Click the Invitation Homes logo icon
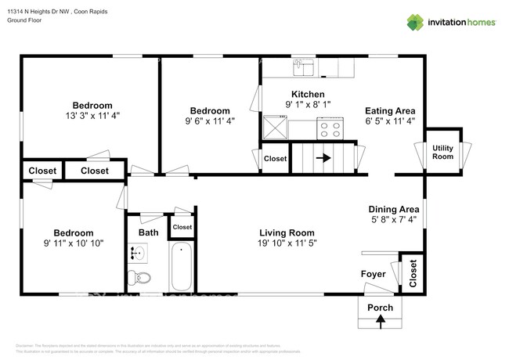[416, 22]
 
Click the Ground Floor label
[24, 21]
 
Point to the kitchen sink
[303, 68]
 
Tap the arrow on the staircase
[322, 157]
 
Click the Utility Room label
[442, 152]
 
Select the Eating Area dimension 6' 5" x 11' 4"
[390, 121]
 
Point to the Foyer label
[373, 274]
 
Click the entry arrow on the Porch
[381, 320]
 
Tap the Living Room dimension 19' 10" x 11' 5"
[287, 243]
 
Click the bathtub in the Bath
[182, 267]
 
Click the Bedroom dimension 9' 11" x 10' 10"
[74, 243]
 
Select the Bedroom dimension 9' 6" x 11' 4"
[210, 121]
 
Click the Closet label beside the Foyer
[412, 272]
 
